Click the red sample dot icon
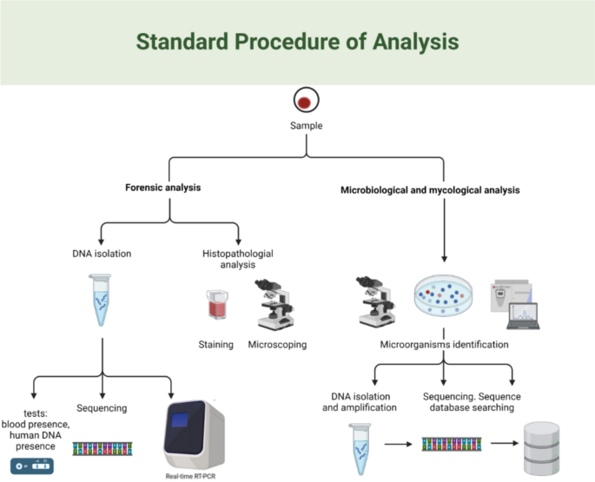tap(307, 100)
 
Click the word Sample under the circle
tap(307, 126)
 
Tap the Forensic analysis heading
tap(162, 188)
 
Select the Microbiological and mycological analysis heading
tap(430, 190)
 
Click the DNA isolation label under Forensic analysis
tap(102, 254)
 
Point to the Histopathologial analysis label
tap(238, 259)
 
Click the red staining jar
tap(217, 304)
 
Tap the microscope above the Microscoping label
tap(274, 305)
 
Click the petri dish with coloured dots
tap(443, 296)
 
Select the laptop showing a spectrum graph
tap(524, 316)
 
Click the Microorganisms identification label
tap(445, 345)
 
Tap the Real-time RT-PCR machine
tap(195, 434)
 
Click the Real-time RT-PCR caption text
tap(190, 476)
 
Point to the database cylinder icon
tap(541, 448)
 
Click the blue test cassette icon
tap(32, 466)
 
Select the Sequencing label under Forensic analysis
tap(102, 408)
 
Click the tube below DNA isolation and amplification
tap(360, 449)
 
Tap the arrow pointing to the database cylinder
tap(505, 443)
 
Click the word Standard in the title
tap(182, 42)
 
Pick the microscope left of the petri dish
tap(376, 302)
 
